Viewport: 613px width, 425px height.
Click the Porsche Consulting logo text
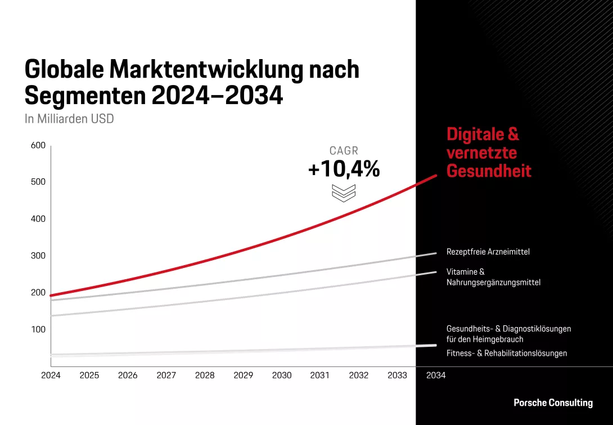point(553,402)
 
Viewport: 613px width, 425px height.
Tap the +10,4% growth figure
point(344,169)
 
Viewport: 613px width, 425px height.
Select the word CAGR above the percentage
point(344,151)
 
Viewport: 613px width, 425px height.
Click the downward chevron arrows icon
point(344,193)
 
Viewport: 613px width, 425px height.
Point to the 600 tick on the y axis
point(38,145)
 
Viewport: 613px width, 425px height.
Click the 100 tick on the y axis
point(38,329)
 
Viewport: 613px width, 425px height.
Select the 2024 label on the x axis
point(51,375)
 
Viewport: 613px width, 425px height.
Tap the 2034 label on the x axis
point(436,375)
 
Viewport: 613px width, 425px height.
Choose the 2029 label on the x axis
point(243,375)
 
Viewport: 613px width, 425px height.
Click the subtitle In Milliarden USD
point(69,119)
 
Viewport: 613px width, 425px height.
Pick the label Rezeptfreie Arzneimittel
point(488,252)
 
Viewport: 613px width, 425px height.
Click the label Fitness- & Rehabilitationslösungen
point(506,354)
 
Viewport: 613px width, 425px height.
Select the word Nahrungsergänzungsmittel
point(493,283)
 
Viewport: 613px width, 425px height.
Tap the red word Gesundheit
point(488,171)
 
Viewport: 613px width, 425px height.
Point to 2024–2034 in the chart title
point(217,96)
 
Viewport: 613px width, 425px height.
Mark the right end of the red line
point(436,176)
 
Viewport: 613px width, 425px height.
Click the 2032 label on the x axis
point(359,375)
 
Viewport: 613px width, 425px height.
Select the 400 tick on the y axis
point(38,219)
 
